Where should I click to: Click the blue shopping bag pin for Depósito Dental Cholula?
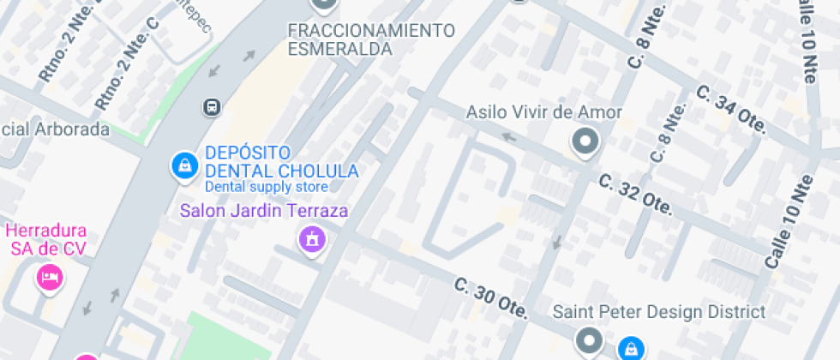pos(183,165)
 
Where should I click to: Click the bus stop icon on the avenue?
pos(212,107)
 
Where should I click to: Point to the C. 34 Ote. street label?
pos(730,108)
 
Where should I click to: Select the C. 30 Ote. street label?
pos(489,298)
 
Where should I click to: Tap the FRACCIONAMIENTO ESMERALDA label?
pos(371,40)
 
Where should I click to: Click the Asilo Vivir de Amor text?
pos(543,112)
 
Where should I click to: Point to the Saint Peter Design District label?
pos(658,311)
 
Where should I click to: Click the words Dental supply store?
pos(266,187)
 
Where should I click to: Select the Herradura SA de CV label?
pos(48,240)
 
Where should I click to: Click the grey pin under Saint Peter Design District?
pos(588,341)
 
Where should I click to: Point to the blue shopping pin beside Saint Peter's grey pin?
pos(631,348)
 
